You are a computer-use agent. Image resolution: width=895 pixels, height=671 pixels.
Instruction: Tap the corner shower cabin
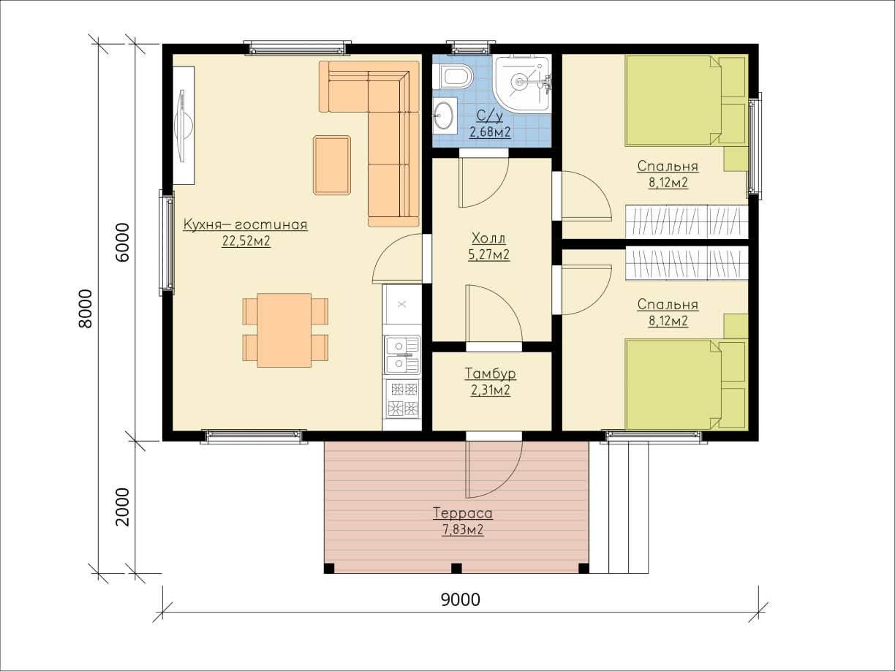522,83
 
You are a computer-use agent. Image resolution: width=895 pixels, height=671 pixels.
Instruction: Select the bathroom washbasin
443,115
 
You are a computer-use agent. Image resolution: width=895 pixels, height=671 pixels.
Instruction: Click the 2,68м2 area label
490,132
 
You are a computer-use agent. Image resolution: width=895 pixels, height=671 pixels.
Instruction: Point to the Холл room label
488,238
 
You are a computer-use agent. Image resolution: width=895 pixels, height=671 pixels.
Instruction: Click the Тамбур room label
490,374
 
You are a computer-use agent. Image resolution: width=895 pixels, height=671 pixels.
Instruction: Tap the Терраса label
462,513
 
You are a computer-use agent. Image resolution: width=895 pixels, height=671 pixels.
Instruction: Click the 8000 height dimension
86,308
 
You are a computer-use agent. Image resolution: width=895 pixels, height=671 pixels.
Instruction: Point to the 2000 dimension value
122,507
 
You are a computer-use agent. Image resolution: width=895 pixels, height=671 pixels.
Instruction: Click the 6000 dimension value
122,242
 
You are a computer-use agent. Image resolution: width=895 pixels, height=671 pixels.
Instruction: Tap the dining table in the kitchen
284,330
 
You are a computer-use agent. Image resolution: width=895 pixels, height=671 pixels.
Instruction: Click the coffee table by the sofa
332,165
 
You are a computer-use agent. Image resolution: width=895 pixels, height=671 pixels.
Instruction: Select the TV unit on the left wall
184,126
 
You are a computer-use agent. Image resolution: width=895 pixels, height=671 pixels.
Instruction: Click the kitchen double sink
401,355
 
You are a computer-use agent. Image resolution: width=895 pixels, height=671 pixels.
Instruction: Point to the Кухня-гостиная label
246,225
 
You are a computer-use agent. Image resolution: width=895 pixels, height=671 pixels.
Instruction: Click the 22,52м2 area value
246,241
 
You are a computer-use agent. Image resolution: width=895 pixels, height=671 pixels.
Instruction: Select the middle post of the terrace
457,568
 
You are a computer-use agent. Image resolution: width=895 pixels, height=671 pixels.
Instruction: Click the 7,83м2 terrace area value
463,530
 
